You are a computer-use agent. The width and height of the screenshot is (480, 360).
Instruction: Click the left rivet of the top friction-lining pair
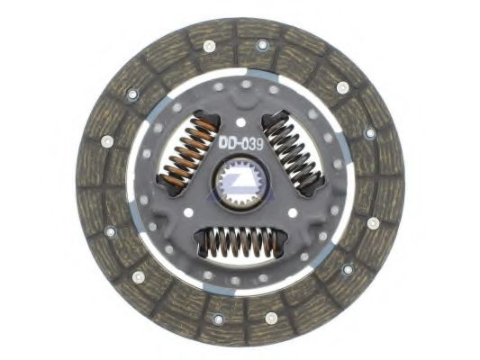(210, 45)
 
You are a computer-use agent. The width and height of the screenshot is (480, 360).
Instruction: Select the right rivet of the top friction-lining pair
(263, 44)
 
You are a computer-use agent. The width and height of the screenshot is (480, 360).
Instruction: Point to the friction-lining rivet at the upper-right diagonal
(342, 87)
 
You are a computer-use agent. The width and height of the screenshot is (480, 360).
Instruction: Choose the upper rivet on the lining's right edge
(369, 132)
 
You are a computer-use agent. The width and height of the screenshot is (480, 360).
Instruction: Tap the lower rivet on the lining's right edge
(373, 222)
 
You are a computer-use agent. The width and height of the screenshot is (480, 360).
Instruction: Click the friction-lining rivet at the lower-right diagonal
(348, 268)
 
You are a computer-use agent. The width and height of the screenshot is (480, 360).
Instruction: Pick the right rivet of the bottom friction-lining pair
(271, 317)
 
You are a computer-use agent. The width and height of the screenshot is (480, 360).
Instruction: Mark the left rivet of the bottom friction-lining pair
(216, 318)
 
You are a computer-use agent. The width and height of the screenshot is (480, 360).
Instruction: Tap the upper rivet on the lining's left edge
(106, 140)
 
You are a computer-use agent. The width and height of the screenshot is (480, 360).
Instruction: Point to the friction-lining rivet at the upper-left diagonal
(131, 93)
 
